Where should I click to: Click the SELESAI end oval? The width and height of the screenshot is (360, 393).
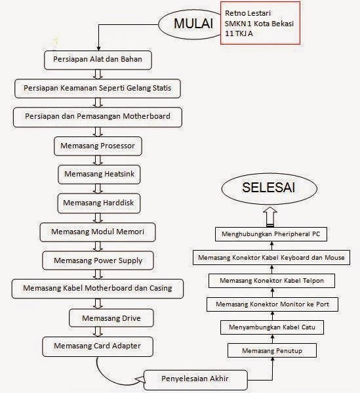coord(268,188)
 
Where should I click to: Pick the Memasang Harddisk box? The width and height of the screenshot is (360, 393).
coord(98,203)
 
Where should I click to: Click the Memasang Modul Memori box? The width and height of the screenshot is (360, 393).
coord(96,232)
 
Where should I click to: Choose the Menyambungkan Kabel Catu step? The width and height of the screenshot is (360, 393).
coord(271,327)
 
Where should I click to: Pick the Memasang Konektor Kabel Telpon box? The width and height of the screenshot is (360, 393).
coord(272,281)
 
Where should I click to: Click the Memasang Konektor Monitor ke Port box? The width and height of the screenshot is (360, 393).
coord(271,304)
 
